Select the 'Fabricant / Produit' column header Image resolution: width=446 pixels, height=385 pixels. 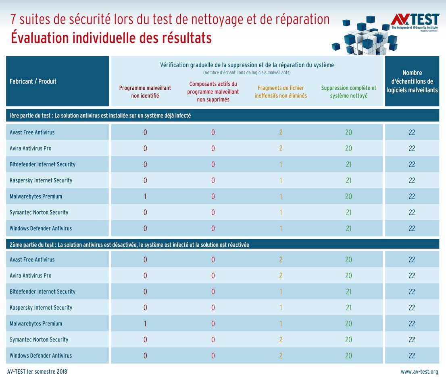click(x=33, y=81)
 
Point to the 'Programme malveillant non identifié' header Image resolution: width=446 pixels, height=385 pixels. click(x=145, y=92)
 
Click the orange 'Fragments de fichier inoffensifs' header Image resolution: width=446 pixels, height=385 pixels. click(x=281, y=92)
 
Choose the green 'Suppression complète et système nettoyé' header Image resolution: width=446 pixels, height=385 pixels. click(x=348, y=92)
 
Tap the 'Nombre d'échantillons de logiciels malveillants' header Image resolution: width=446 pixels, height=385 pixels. click(x=412, y=81)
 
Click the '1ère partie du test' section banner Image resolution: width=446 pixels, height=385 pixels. click(x=100, y=116)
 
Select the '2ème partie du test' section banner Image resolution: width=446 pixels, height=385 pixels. click(x=129, y=245)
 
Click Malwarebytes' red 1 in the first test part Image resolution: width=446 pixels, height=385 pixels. click(x=145, y=197)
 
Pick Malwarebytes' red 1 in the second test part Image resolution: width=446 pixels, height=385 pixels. click(x=145, y=324)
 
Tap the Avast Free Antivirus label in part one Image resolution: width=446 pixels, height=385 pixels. click(x=32, y=132)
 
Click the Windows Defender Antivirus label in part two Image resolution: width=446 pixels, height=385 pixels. click(x=41, y=356)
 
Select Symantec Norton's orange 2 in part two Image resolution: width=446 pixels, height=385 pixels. click(x=281, y=340)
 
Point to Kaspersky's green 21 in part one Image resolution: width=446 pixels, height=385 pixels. click(x=348, y=180)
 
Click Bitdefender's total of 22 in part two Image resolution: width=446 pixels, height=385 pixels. click(x=412, y=292)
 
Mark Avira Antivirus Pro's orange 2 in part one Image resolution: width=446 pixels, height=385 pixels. click(x=281, y=149)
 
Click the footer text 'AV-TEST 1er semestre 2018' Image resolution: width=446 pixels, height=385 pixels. click(x=37, y=372)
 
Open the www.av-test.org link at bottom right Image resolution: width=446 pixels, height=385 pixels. click(x=419, y=372)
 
